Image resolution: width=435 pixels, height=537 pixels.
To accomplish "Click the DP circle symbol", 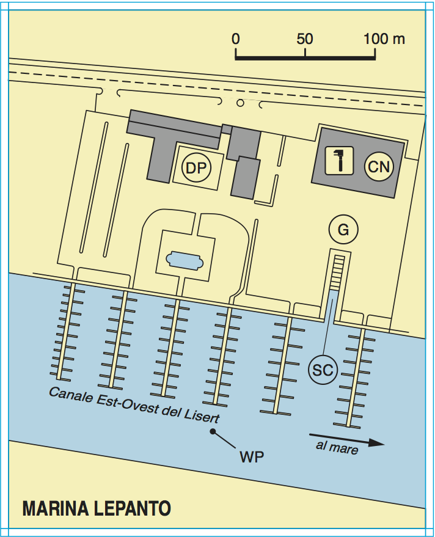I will coord(196,168).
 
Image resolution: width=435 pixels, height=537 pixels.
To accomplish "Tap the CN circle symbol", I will coord(379,166).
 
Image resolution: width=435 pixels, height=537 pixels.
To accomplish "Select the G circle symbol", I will coord(343,230).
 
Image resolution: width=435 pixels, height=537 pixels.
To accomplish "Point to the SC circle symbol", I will coord(323,370).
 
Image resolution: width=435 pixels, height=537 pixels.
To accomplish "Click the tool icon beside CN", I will coord(340,161).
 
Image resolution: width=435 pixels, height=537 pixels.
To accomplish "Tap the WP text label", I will coord(252,456).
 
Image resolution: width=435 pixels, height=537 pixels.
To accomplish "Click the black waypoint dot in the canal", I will coord(213,431).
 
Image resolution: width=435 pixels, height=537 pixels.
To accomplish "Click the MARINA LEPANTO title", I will coord(97,508).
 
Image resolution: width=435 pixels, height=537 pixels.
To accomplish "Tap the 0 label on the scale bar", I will coord(236,39).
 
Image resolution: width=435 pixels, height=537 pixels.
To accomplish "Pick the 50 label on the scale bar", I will coord(305,39).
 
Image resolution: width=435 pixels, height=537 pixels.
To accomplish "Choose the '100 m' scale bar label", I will coord(384,39).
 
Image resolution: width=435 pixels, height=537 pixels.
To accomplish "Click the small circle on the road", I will coord(240,103).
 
